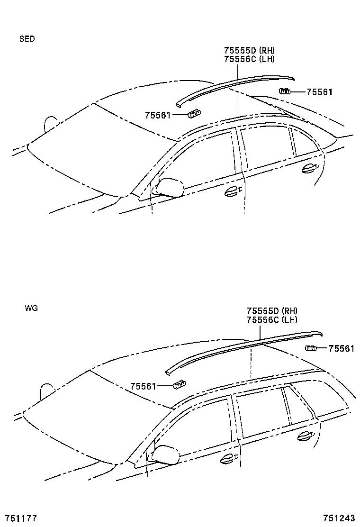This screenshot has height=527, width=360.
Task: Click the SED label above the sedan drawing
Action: (27, 39)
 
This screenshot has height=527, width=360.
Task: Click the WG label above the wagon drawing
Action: (31, 308)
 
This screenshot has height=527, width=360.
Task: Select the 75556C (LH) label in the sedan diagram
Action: (249, 59)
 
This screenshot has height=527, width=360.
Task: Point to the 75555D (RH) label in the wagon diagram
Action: (272, 311)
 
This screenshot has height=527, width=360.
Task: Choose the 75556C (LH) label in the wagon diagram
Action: (271, 319)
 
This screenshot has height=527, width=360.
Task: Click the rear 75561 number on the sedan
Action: (319, 92)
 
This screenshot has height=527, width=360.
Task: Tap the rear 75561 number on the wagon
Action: (341, 349)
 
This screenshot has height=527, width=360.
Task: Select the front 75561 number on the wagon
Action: (143, 386)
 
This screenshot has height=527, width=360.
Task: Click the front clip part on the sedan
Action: (194, 113)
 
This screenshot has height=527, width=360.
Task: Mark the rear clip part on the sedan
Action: (284, 91)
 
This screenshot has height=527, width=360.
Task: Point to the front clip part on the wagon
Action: (179, 384)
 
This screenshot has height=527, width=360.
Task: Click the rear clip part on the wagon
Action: (311, 349)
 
